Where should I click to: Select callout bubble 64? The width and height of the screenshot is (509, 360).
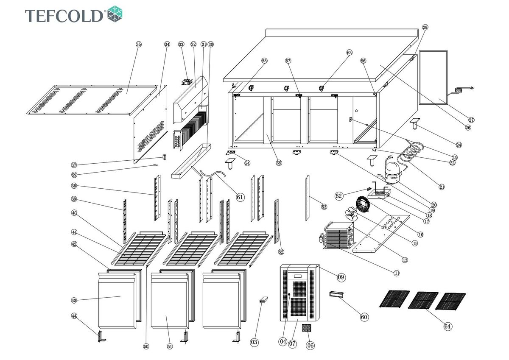447,326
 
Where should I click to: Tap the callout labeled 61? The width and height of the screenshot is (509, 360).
240,197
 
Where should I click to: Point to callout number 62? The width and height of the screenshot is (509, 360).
338,196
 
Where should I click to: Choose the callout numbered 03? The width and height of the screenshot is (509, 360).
255,342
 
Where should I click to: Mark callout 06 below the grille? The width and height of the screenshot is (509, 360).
310,346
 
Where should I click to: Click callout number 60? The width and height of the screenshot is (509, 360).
364,317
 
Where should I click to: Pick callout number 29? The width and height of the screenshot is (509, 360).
425,27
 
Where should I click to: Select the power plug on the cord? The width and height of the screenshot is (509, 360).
471,88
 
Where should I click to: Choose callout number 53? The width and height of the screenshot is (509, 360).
324,207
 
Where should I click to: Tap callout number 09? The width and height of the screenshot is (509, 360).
341,277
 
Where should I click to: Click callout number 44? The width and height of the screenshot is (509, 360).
74,316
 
